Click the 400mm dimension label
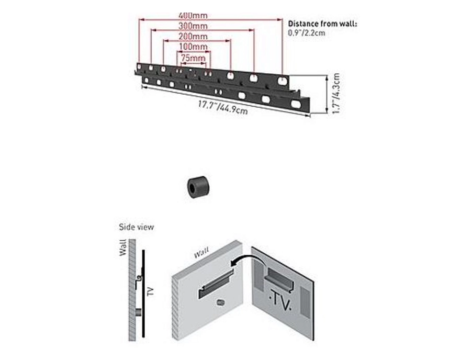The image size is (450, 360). point(193,15)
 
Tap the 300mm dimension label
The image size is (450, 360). point(193,26)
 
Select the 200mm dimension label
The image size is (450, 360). point(193,37)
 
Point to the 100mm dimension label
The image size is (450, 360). point(193,47)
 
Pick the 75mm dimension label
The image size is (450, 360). point(193,58)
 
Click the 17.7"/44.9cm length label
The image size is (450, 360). point(223,107)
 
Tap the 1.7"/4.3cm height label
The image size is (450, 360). point(336,93)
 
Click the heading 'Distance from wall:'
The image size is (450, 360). point(322,24)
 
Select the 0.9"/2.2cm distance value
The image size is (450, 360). point(307,33)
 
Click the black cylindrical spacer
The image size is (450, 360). point(198,187)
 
